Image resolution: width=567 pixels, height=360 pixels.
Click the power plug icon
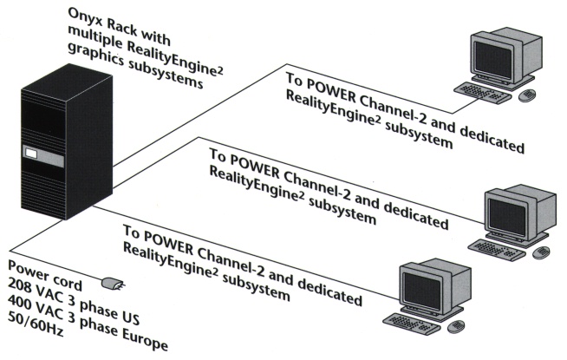[113, 283]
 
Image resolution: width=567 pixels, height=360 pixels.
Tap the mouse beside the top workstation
[530, 93]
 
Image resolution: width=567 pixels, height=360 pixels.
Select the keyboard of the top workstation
[487, 89]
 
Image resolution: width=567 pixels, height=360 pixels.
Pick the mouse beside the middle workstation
[543, 252]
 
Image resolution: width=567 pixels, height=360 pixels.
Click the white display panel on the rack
[33, 157]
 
